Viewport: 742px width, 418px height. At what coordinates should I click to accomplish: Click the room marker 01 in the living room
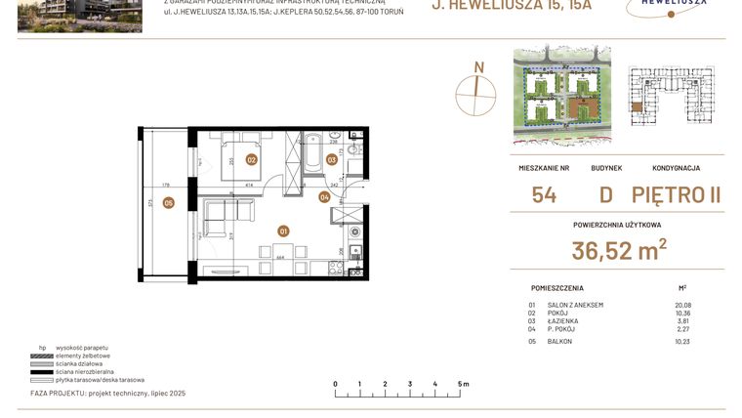point(283,231)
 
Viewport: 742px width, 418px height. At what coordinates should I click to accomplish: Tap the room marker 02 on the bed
point(251,159)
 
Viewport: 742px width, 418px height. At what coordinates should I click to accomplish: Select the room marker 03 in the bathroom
point(332,159)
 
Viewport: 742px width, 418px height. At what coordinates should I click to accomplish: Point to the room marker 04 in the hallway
point(324,197)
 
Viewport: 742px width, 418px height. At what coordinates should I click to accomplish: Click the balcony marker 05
point(169,203)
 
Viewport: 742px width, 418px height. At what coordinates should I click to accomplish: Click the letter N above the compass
point(478,67)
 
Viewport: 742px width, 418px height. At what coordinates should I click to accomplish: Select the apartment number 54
point(544,194)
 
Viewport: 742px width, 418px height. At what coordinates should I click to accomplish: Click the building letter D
point(605,194)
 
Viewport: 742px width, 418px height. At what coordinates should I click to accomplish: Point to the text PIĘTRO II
point(676,194)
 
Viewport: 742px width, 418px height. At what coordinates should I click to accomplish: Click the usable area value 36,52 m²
point(619,251)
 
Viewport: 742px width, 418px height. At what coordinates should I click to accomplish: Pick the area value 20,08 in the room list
point(681,305)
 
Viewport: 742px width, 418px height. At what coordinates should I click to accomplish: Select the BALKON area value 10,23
point(681,342)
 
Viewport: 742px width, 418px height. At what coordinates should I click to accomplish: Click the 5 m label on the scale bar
point(462,385)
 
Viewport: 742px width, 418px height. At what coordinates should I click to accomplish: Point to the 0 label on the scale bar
point(335,385)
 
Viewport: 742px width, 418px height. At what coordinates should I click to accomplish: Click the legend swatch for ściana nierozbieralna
point(42,371)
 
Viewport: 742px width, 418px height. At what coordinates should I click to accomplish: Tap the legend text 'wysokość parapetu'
point(83,348)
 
